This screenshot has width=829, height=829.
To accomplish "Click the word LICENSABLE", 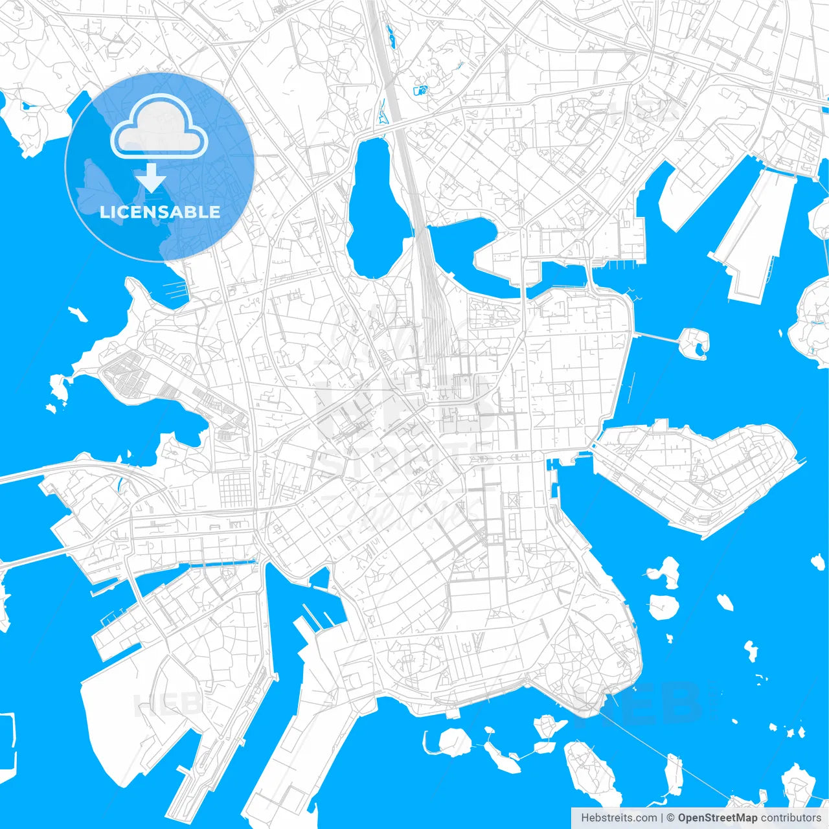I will tap(159, 212).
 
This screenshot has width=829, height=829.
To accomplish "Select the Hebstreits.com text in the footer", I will tap(619, 818).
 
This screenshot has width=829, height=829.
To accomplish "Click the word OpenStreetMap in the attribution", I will tap(717, 818).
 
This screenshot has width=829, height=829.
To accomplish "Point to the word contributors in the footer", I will tap(790, 818).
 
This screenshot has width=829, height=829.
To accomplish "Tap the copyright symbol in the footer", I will tap(671, 818).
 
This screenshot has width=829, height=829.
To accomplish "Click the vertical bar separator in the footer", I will tap(662, 818).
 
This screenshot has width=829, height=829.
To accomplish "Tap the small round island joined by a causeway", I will tap(694, 341).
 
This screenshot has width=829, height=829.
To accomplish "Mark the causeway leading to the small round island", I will tap(655, 335).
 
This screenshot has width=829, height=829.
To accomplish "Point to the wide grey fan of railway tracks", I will tap(430, 298).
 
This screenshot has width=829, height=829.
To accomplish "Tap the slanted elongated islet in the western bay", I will tap(78, 315).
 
